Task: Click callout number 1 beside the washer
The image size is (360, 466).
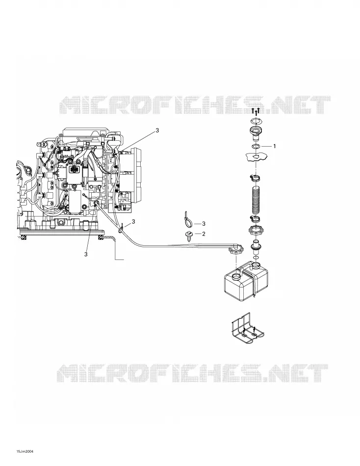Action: tap(274, 146)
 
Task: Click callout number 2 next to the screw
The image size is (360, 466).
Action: tap(204, 234)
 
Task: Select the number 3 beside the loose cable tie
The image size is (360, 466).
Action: tap(204, 224)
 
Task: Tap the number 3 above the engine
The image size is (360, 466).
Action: tap(157, 130)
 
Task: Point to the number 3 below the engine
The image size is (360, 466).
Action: tap(86, 254)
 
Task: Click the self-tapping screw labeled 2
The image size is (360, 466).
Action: tap(188, 234)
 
